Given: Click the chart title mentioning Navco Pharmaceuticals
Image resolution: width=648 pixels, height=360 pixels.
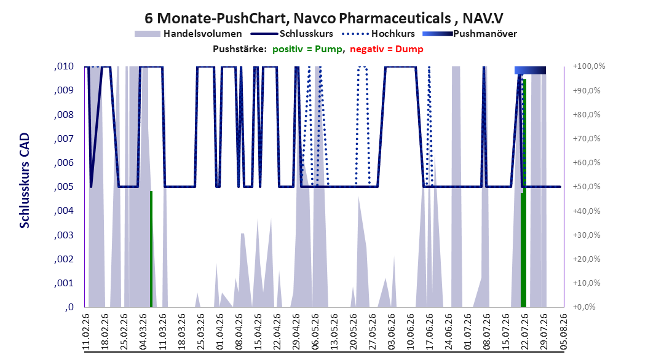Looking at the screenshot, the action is [x=323, y=18].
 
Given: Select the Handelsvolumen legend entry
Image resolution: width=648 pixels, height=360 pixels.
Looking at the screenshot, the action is [x=188, y=34].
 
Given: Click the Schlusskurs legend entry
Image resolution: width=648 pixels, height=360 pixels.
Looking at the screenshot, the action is [x=292, y=34].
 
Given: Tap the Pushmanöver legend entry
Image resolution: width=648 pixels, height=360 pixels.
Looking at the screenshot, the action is [x=470, y=34].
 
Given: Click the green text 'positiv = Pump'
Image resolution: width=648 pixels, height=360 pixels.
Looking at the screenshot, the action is [x=307, y=49].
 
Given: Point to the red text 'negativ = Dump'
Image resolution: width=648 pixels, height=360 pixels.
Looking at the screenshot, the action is [x=387, y=49].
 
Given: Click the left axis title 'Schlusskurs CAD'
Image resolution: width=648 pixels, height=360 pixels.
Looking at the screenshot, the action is [x=25, y=181].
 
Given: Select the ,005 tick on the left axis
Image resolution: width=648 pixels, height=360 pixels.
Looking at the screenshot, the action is [x=64, y=187].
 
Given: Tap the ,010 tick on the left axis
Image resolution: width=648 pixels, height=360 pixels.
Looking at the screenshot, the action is [x=64, y=66].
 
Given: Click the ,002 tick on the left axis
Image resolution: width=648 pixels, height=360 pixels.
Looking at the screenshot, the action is [x=64, y=259].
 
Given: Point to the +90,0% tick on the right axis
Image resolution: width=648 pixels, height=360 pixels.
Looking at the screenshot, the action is [x=587, y=90].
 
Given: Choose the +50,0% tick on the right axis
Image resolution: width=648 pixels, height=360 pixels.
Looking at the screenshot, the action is [x=587, y=187].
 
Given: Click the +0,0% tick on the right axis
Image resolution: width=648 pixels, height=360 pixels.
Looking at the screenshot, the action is [x=584, y=307].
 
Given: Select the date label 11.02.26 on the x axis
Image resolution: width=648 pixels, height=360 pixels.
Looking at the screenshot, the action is [x=86, y=332].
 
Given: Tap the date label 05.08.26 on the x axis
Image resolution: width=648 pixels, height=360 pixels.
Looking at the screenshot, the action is [x=563, y=332].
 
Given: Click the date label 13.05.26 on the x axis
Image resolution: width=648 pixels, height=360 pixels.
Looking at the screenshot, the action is [x=334, y=332].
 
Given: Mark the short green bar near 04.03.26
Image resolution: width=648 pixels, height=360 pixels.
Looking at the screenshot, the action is [x=151, y=249].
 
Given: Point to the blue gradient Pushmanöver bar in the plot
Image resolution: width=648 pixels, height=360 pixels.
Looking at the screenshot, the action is [x=530, y=70].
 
